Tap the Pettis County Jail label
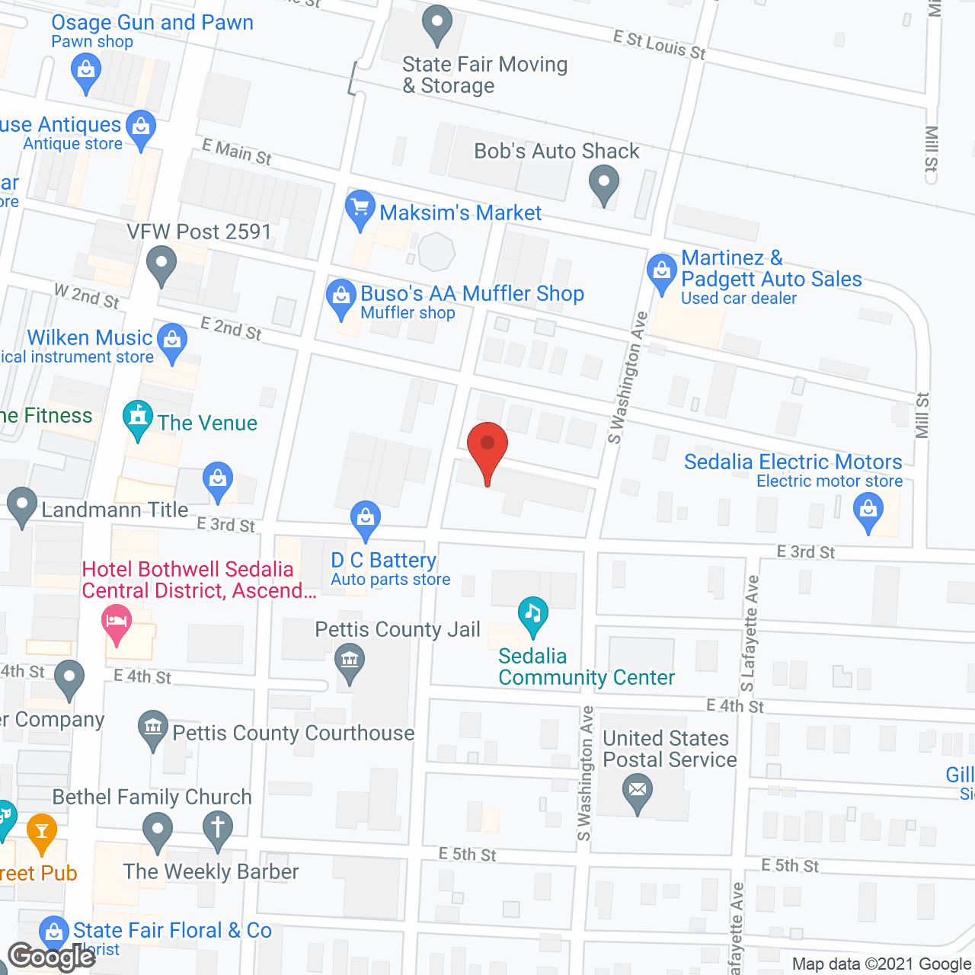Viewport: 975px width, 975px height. pyautogui.click(x=398, y=630)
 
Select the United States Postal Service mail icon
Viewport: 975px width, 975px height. pyautogui.click(x=638, y=791)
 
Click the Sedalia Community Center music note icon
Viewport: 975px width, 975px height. pyautogui.click(x=533, y=614)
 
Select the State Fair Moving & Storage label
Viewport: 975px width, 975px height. pyautogui.click(x=484, y=75)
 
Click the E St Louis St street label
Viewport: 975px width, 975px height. pyautogui.click(x=660, y=46)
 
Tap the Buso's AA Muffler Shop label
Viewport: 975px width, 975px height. pyautogui.click(x=472, y=294)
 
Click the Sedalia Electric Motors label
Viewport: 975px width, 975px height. pyautogui.click(x=793, y=462)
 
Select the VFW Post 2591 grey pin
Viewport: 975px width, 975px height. pyautogui.click(x=161, y=266)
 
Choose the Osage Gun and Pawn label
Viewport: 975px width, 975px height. pyautogui.click(x=152, y=23)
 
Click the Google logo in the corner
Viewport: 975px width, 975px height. pyautogui.click(x=51, y=957)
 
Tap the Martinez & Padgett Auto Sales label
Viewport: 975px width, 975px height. pyautogui.click(x=771, y=269)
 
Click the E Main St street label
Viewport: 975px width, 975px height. pyautogui.click(x=237, y=152)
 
